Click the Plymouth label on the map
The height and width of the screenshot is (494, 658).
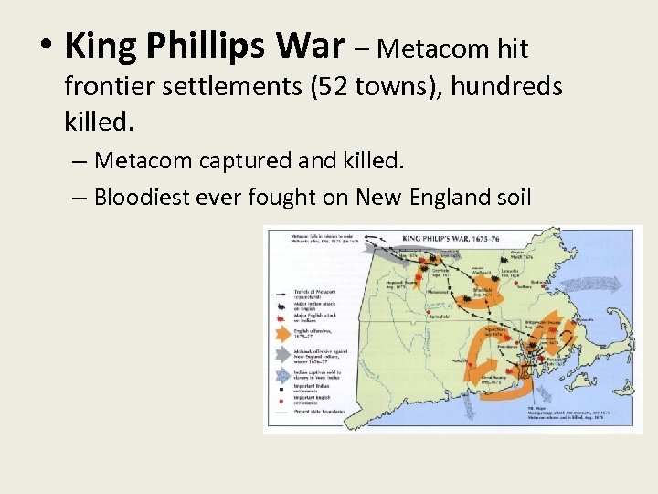pos(586,321)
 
